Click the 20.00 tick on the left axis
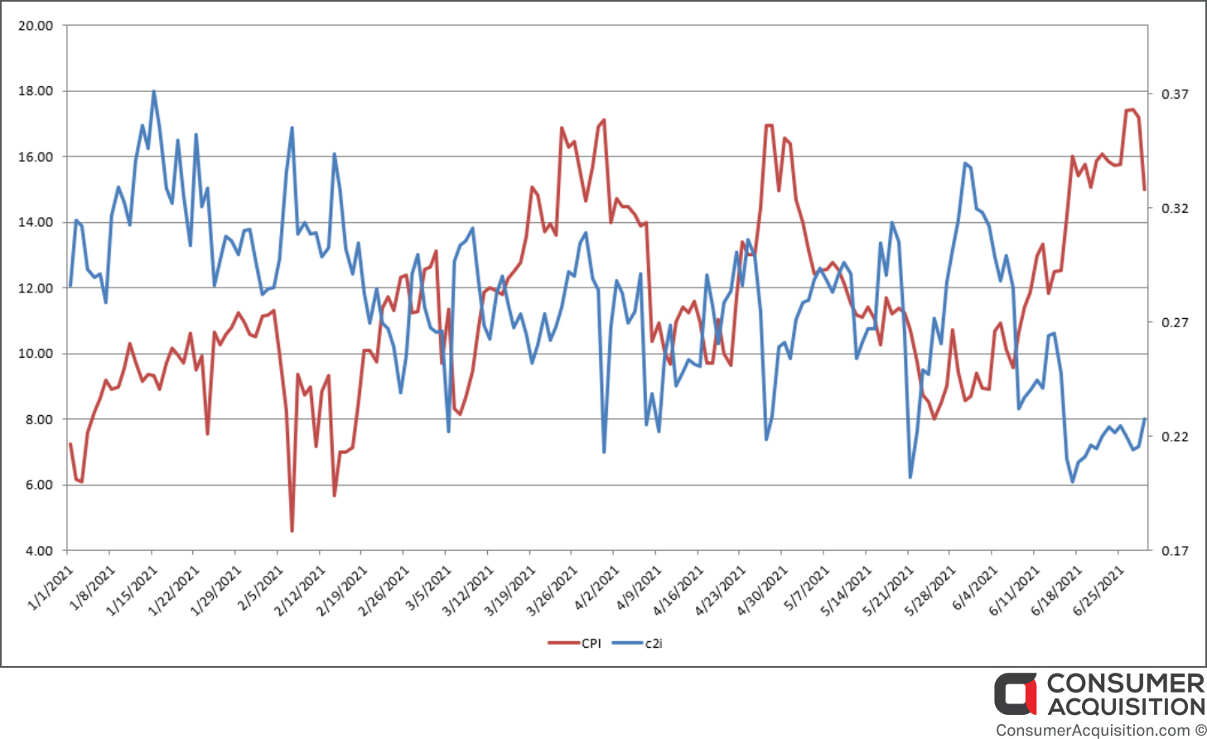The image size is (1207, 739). click(x=36, y=26)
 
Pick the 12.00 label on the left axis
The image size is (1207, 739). click(x=36, y=288)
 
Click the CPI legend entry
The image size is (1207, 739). click(x=574, y=643)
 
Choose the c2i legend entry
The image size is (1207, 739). click(x=637, y=643)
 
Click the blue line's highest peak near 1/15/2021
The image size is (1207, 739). click(x=154, y=91)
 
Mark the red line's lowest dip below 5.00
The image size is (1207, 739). click(x=292, y=532)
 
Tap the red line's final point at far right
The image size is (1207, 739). click(x=1145, y=190)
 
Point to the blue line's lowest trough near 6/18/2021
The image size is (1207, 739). click(x=1072, y=482)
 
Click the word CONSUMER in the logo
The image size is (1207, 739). click(x=1125, y=684)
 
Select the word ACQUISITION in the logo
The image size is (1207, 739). click(x=1125, y=707)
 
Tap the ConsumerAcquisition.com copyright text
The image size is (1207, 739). click(x=1099, y=730)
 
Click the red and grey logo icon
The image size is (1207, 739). click(x=1015, y=694)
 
